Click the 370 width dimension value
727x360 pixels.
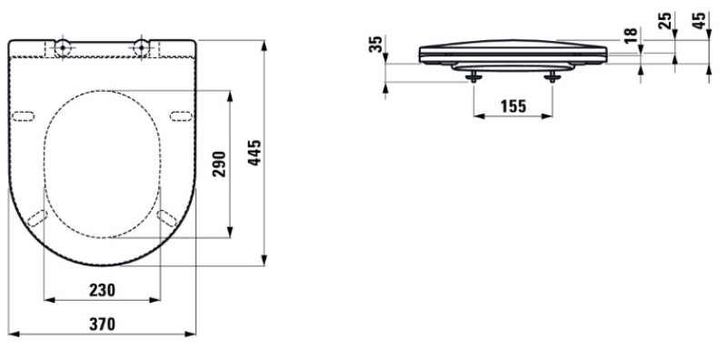(x=102, y=324)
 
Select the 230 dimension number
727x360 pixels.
(x=102, y=290)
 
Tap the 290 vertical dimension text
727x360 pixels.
(x=218, y=164)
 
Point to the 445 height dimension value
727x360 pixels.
(x=254, y=153)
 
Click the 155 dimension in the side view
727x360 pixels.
(x=513, y=106)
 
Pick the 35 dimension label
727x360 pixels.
(x=377, y=44)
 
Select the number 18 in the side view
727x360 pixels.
(x=631, y=35)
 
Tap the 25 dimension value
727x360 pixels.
(x=665, y=20)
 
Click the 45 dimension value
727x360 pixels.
(x=699, y=20)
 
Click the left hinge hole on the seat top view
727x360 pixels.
(x=63, y=47)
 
